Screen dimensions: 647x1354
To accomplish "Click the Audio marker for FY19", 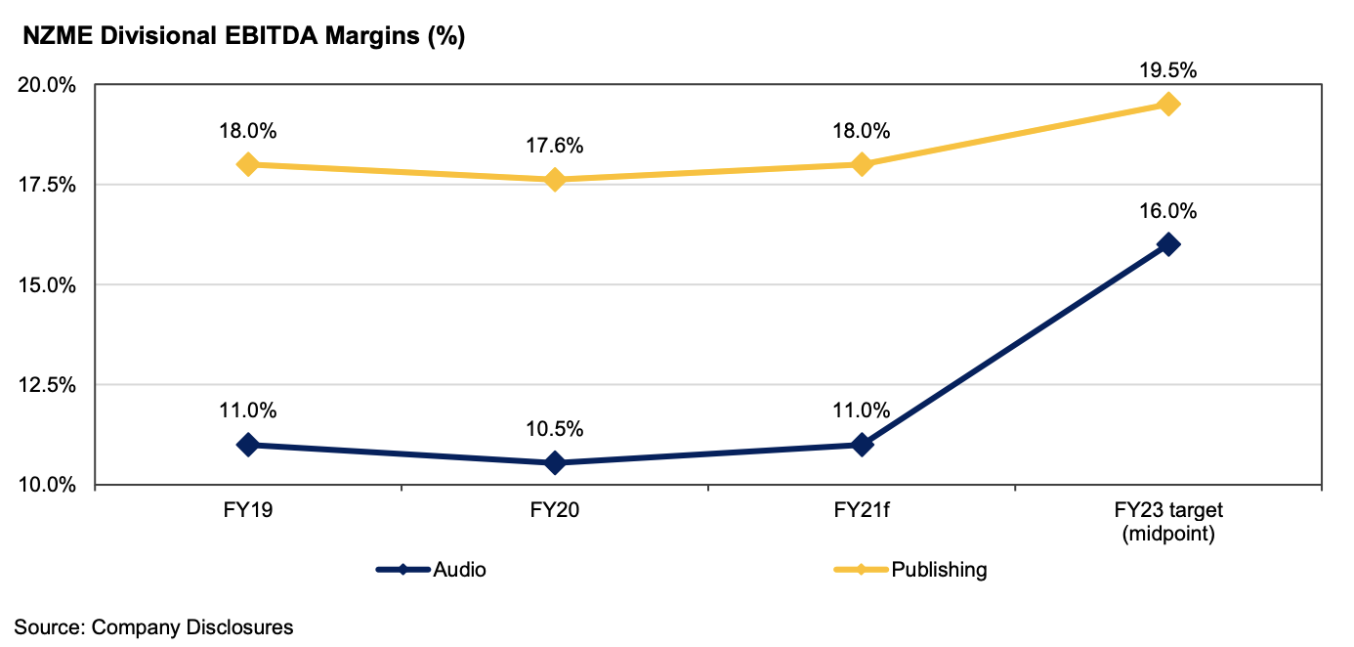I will (x=248, y=445).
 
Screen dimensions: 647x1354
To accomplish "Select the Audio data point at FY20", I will (x=555, y=462).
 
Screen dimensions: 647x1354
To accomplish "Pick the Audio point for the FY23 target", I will (x=1168, y=244).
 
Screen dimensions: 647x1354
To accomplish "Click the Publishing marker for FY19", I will (x=248, y=164).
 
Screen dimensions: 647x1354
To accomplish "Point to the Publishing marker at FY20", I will (x=555, y=180).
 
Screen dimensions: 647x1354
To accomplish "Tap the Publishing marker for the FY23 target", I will (x=1168, y=104).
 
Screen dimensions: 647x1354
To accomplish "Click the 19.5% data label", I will (x=1168, y=70).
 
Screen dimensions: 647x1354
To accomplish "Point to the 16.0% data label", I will (x=1168, y=211).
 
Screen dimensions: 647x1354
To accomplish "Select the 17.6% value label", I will (x=555, y=147).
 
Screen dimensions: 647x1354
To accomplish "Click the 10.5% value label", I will (x=555, y=429).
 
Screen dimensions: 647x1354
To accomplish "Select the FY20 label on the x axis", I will (x=555, y=511).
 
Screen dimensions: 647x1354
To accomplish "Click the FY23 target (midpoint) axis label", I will (x=1168, y=523).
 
